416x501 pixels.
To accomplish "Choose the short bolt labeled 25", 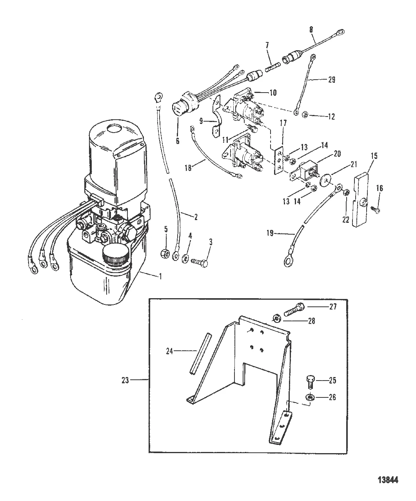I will point(310,381).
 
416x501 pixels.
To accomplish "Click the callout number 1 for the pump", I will point(160,276).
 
